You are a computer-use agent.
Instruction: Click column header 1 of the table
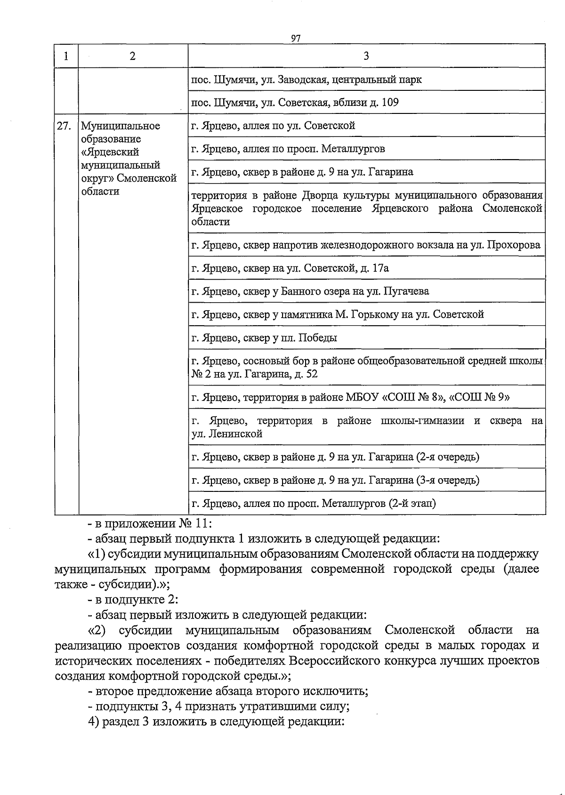66,56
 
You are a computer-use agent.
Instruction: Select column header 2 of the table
133,56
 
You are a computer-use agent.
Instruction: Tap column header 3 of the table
366,56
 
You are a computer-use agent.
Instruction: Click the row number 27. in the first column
64,126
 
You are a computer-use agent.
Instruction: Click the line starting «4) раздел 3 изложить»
217,722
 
